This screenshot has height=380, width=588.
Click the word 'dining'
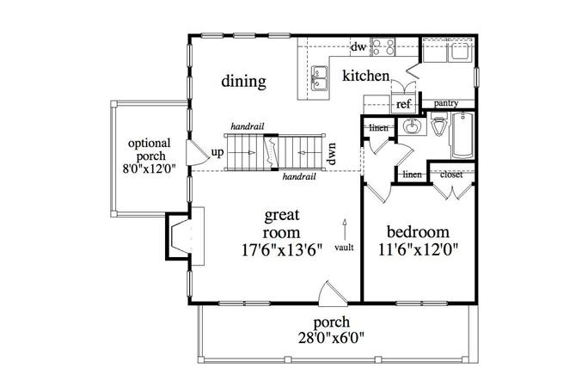[x=243, y=82]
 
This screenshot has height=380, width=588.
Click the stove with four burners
[x=383, y=47]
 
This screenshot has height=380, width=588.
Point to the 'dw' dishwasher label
[x=358, y=47]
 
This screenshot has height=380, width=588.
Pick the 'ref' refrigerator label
[x=403, y=104]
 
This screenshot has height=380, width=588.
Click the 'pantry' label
[x=445, y=103]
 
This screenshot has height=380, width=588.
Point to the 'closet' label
[x=451, y=174]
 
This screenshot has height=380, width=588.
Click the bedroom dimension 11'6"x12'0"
[x=418, y=250]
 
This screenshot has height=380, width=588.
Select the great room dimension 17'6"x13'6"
[x=281, y=250]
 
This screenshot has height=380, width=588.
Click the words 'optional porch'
[x=149, y=150]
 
